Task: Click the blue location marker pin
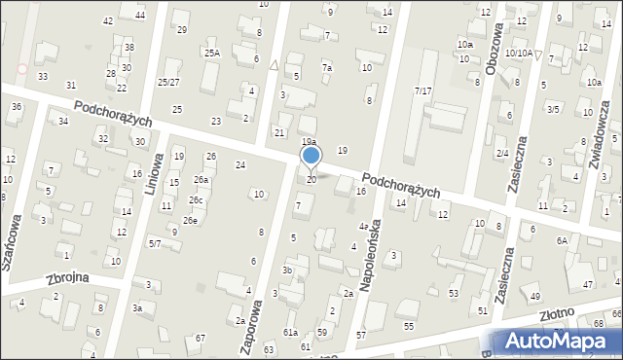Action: (x=311, y=157)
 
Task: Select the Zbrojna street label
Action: (x=67, y=277)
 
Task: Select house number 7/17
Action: (x=422, y=90)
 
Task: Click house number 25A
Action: (x=211, y=53)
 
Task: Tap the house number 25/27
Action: (x=169, y=82)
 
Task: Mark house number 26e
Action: (x=191, y=221)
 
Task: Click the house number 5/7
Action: (x=155, y=243)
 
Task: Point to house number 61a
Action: (x=290, y=333)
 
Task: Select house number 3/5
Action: (x=553, y=109)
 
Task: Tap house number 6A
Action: (x=562, y=240)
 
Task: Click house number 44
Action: (x=140, y=15)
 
